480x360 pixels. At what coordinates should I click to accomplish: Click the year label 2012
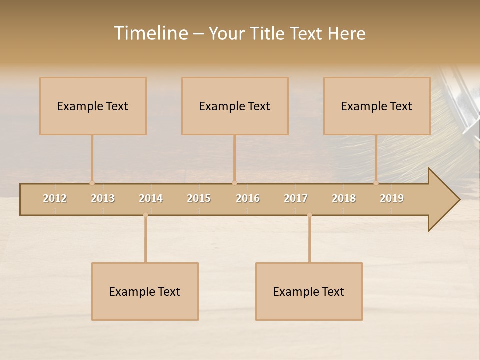click(x=55, y=198)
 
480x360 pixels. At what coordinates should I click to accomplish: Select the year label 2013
click(x=103, y=198)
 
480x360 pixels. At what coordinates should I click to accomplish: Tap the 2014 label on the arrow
click(x=151, y=198)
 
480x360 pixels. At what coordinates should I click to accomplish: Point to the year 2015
click(x=199, y=198)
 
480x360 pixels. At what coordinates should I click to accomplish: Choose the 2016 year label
click(x=248, y=198)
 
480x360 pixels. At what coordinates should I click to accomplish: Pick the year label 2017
click(x=296, y=198)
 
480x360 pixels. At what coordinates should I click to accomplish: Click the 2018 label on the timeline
click(x=344, y=198)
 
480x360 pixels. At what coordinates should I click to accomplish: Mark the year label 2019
click(x=392, y=198)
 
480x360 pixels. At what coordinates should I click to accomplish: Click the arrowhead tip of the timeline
click(x=458, y=200)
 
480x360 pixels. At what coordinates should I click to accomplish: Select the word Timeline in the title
click(x=150, y=33)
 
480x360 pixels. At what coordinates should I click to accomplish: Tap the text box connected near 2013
click(x=93, y=106)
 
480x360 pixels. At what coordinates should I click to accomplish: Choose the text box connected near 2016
click(x=235, y=106)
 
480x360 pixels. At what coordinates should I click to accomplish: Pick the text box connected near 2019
click(x=377, y=106)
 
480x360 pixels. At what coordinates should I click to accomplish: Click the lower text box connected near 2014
click(x=145, y=291)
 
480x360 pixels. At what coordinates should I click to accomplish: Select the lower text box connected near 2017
click(x=309, y=291)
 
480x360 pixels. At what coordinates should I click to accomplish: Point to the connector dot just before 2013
click(x=92, y=183)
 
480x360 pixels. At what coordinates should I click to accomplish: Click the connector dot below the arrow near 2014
click(x=145, y=215)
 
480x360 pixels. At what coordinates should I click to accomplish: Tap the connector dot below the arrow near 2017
click(x=309, y=215)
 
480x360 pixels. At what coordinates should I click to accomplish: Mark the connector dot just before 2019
click(x=376, y=183)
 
